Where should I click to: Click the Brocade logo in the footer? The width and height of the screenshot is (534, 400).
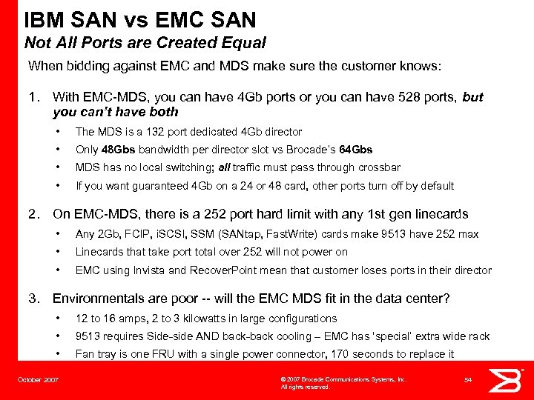(510, 380)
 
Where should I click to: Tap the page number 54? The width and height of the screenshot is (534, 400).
(468, 380)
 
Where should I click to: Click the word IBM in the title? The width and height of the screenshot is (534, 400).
(46, 18)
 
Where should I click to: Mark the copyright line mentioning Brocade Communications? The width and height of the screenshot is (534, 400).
(343, 379)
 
